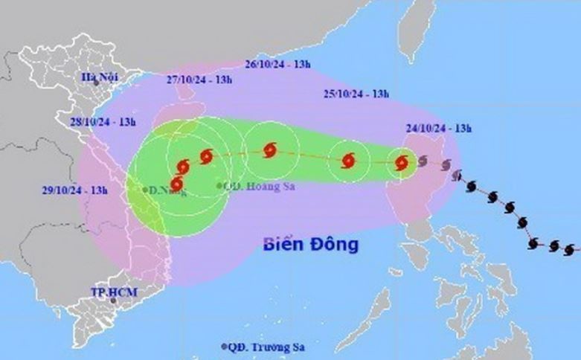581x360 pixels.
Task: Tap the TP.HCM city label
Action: coord(103,291)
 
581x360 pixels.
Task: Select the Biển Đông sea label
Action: coord(311,244)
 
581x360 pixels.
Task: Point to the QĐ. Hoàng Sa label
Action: coord(260,186)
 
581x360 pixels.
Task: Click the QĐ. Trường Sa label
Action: coord(268,347)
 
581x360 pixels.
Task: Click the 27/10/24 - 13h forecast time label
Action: coord(200,80)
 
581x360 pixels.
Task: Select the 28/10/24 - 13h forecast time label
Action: coord(103,121)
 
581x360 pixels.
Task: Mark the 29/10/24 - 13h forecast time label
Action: coord(75,190)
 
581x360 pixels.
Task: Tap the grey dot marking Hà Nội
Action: coord(96,83)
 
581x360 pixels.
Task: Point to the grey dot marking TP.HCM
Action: coord(113,300)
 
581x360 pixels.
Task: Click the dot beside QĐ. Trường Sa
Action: coord(224,347)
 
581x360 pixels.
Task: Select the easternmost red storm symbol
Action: coord(402,163)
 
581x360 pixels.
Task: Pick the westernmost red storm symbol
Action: coord(177,183)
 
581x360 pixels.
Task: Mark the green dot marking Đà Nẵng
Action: coord(145,190)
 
